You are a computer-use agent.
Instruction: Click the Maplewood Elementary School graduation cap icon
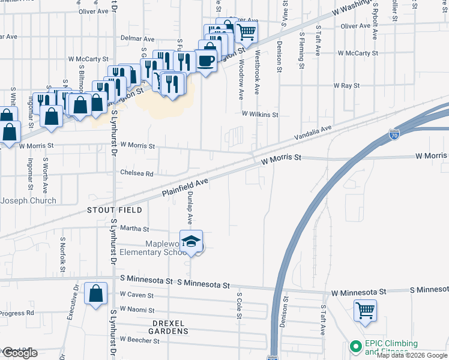(192, 241)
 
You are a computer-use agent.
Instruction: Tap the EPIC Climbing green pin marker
(355, 346)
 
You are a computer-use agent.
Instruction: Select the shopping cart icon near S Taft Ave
(365, 311)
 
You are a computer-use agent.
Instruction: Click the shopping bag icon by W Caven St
(96, 294)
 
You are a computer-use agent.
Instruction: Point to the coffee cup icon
(206, 61)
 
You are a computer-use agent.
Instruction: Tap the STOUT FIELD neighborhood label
(115, 210)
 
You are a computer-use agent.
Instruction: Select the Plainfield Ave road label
(185, 188)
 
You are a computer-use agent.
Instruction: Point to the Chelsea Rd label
(137, 173)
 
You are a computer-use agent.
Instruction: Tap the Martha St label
(134, 229)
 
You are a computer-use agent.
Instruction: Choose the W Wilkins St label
(261, 114)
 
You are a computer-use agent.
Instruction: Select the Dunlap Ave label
(189, 208)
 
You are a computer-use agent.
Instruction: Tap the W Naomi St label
(137, 310)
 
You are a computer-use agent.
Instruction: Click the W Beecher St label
(139, 340)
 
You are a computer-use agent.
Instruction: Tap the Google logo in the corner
(20, 353)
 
